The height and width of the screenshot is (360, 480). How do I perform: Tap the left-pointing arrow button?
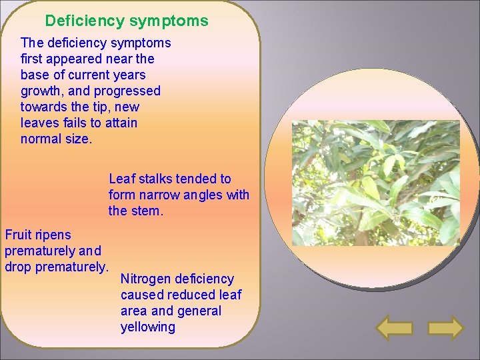(395, 328)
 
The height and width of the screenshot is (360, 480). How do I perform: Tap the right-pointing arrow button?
(445, 328)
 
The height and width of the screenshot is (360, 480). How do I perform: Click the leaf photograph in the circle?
(376, 182)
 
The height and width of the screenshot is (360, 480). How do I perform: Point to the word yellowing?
(147, 327)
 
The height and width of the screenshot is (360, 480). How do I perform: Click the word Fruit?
(19, 235)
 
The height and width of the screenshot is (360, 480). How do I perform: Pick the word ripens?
(54, 235)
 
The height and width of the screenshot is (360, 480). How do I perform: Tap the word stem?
(147, 211)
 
